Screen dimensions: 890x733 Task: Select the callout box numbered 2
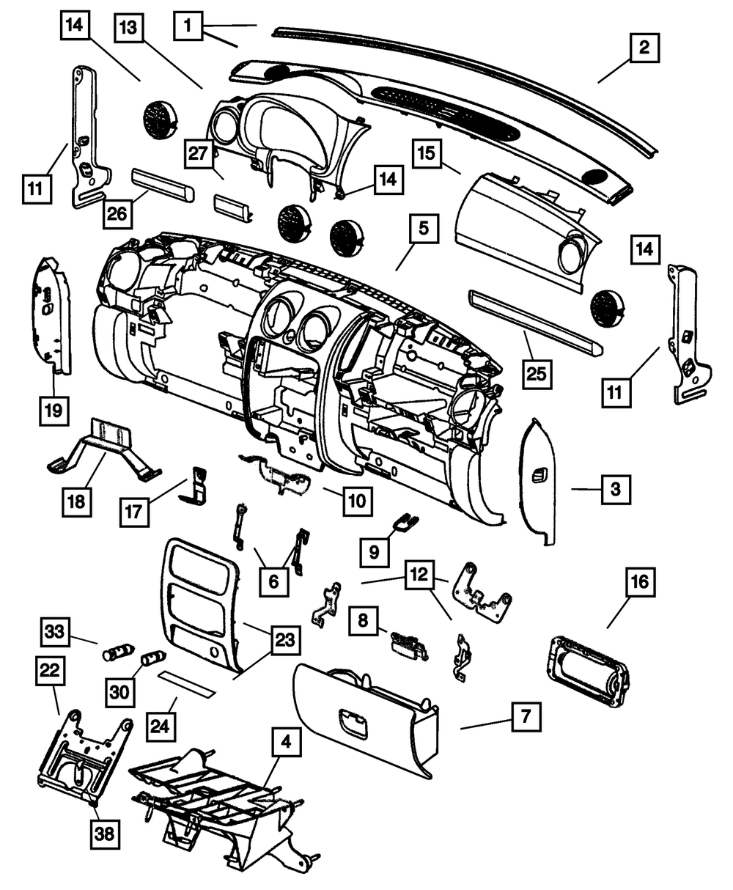point(644,49)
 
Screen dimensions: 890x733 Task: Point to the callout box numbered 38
point(107,833)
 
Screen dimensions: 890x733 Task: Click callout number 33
point(54,631)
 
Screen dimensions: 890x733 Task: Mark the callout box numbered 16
point(638,584)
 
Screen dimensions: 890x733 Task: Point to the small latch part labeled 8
point(410,641)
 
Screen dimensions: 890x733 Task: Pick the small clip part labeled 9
point(405,522)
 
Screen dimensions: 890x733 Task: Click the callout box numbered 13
point(129,33)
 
